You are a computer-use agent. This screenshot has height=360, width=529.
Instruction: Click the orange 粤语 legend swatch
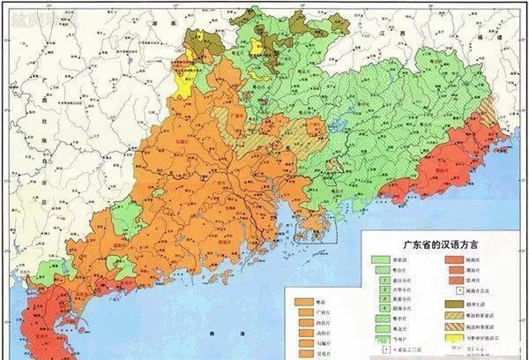(x=302, y=300)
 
